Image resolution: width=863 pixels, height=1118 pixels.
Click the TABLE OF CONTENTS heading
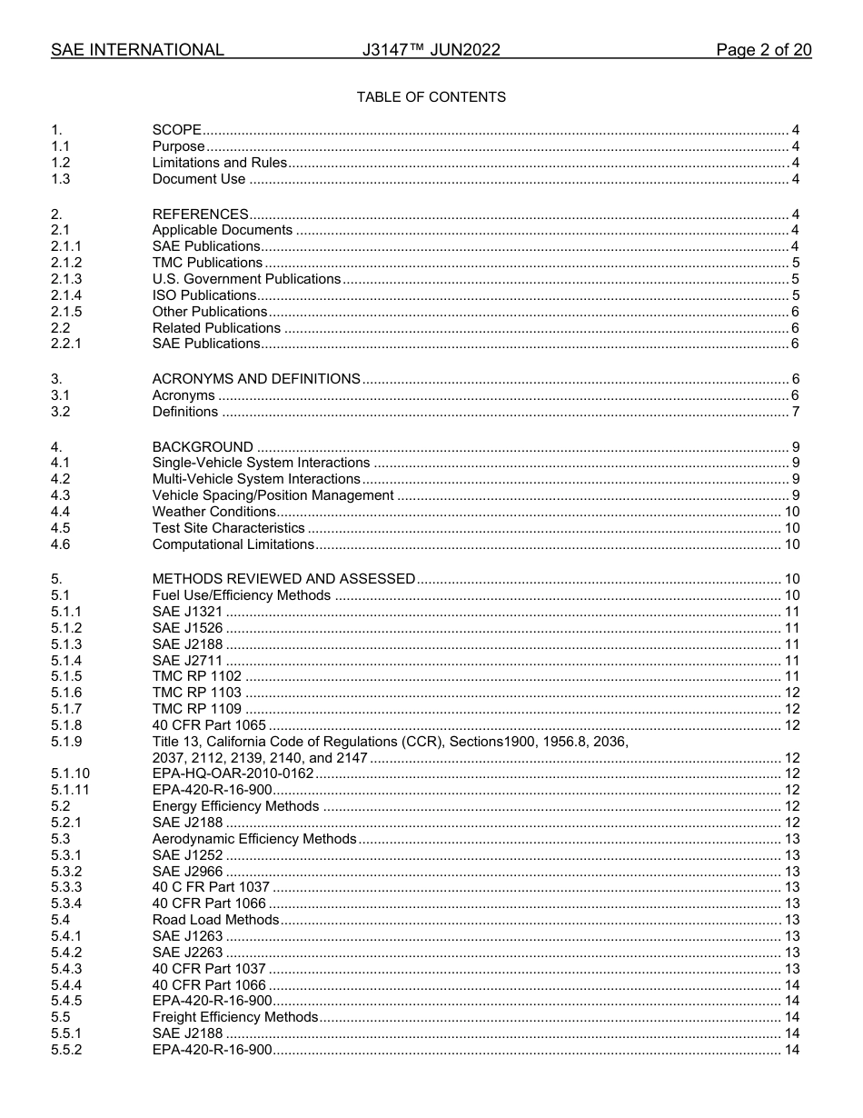pos(431,97)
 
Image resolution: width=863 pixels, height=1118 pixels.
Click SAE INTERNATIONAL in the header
pos(137,50)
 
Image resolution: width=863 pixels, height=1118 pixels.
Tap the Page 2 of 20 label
pos(763,50)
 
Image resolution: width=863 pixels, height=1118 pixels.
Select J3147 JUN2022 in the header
pos(431,50)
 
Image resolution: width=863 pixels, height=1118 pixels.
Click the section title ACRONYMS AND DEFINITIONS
pos(256,379)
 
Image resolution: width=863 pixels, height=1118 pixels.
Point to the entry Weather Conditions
pos(213,512)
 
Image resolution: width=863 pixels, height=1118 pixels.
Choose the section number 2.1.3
pos(66,279)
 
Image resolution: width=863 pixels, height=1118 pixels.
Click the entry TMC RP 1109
pos(197,709)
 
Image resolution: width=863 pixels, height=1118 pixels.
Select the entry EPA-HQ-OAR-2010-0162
pos(233,774)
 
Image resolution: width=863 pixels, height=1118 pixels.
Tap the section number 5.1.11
pos(70,790)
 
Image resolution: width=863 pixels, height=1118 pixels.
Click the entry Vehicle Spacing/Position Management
pos(273,495)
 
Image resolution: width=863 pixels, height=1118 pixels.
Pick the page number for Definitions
pos(795,412)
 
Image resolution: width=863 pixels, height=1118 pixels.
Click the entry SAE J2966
pos(187,871)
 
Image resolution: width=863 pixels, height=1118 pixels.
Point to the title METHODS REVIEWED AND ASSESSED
pos(283,579)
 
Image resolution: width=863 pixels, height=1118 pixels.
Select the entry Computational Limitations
pos(233,544)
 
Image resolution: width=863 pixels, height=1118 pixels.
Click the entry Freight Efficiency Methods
pos(234,1017)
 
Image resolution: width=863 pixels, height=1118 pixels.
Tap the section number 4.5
pos(61,528)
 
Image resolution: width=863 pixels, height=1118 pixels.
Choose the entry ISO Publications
pos(204,295)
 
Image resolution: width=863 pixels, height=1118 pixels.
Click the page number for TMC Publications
pos(795,263)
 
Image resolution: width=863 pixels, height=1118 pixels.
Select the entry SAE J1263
pos(187,936)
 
